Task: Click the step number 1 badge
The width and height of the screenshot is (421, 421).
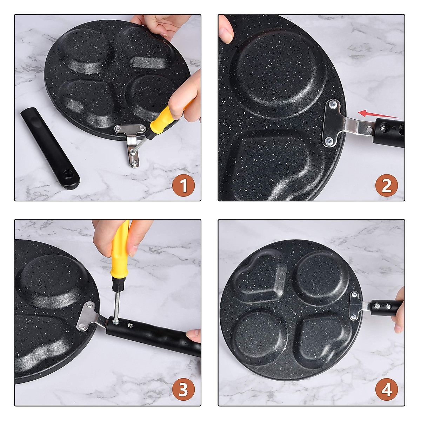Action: point(183,185)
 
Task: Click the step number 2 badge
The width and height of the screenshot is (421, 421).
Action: point(387,185)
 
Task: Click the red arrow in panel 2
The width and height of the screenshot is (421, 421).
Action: point(379,114)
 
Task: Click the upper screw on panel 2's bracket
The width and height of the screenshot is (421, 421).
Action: point(333,105)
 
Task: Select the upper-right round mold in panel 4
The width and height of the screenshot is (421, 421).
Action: point(321,278)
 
